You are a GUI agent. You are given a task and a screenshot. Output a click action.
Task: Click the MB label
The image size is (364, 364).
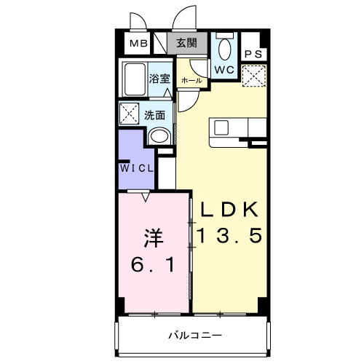point(138,43)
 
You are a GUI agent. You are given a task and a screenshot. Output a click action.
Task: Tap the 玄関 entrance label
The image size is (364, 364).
point(186,43)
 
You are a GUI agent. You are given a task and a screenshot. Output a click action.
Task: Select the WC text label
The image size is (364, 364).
point(224,69)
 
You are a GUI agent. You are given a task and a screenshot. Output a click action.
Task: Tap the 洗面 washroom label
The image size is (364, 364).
point(154,114)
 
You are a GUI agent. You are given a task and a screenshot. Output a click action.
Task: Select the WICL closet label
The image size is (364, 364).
point(137,168)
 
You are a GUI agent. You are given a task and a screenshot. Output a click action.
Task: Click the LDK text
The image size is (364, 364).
point(229,210)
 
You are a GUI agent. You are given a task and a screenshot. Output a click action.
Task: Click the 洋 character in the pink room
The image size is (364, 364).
point(151,237)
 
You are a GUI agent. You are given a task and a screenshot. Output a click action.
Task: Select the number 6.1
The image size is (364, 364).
point(151,265)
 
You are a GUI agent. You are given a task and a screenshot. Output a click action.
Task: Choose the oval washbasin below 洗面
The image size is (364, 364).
point(158,136)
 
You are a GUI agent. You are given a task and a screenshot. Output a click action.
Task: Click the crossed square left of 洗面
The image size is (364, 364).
point(130,114)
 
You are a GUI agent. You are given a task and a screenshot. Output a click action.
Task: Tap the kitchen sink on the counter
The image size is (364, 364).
point(221,127)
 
